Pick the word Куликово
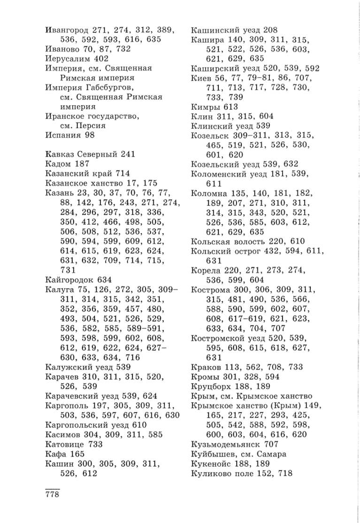point(211,473)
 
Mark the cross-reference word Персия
point(88,126)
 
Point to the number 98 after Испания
point(90,135)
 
